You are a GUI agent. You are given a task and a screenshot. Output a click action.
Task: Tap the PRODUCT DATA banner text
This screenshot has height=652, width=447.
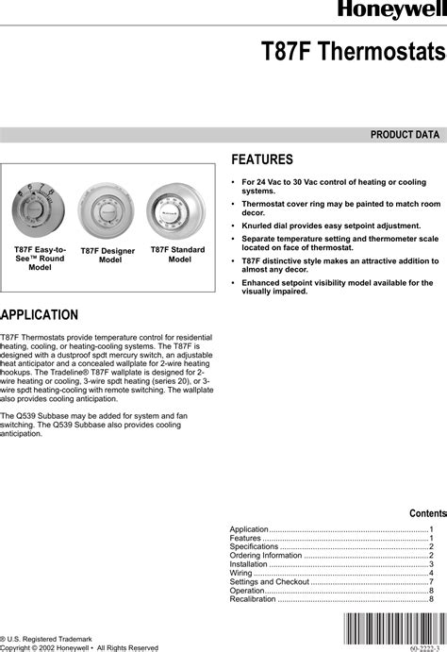pos(405,135)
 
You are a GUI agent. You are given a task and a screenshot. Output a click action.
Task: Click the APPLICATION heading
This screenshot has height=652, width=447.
pos(39,313)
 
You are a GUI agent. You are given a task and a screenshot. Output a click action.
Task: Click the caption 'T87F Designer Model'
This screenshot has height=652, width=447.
pos(108,255)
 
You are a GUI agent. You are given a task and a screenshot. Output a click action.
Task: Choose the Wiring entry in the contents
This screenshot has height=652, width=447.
pos(241,573)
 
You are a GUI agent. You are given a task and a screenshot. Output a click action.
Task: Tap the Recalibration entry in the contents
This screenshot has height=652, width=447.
pos(254,598)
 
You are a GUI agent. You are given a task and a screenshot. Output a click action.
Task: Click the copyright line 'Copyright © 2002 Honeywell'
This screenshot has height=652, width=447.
pos(79,647)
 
